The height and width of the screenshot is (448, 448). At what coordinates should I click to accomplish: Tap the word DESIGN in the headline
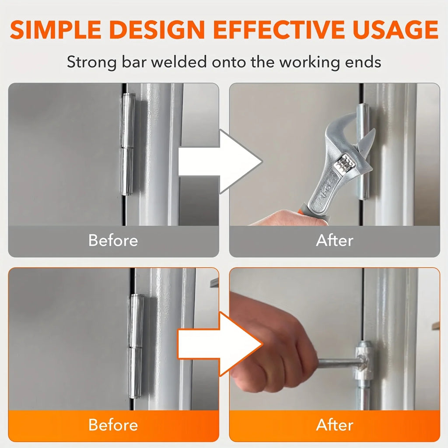(x=157, y=29)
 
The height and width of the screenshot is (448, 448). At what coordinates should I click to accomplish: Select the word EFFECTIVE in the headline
(x=279, y=29)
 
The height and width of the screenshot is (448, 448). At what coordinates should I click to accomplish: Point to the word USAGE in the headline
(x=395, y=29)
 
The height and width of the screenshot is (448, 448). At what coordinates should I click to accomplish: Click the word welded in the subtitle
(x=179, y=62)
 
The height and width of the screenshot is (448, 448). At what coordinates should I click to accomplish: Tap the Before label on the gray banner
(x=113, y=240)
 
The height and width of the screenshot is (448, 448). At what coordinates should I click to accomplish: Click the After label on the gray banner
(x=335, y=240)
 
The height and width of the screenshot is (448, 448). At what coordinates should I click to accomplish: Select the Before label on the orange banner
(x=113, y=425)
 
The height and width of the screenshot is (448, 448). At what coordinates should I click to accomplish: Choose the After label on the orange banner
(x=335, y=425)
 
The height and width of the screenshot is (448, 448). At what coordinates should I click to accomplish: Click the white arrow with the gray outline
(x=220, y=161)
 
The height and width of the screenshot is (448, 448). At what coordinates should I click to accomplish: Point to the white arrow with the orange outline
(x=220, y=344)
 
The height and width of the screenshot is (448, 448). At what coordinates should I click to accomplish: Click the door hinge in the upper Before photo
(x=128, y=144)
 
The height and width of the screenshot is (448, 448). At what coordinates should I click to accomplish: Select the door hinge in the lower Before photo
(x=136, y=346)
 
